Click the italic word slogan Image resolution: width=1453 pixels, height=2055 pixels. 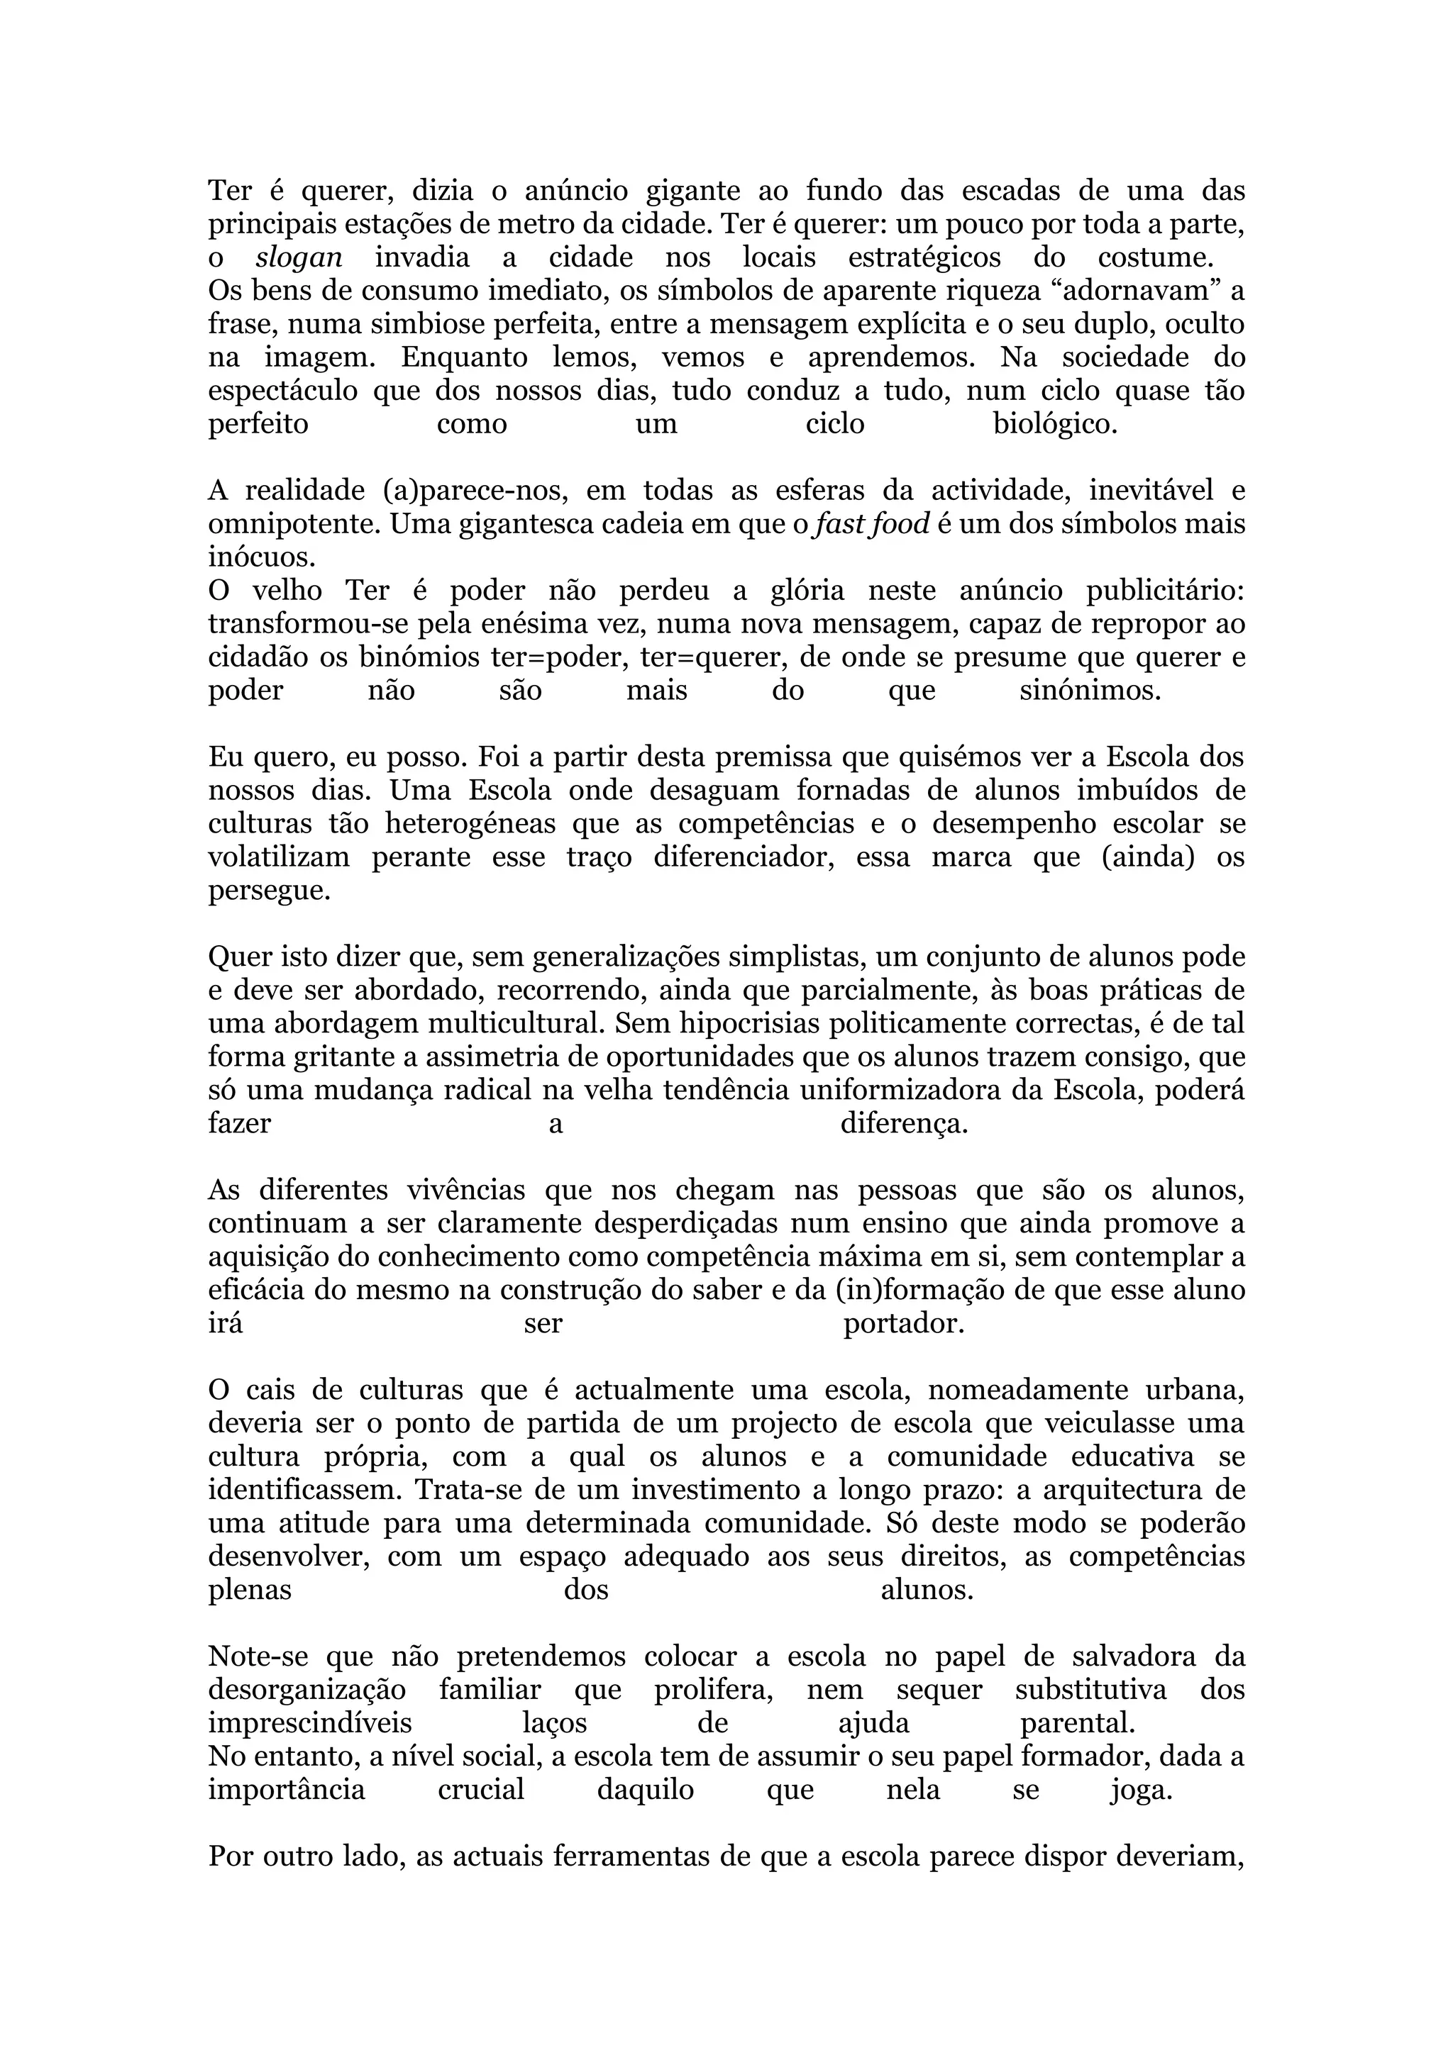(299, 258)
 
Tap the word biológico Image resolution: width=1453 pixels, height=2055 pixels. (1056, 424)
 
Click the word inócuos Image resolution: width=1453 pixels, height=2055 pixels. (263, 557)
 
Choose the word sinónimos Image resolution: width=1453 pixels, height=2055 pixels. (1090, 691)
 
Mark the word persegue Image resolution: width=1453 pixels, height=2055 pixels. (270, 891)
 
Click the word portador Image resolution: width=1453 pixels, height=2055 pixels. (903, 1324)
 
